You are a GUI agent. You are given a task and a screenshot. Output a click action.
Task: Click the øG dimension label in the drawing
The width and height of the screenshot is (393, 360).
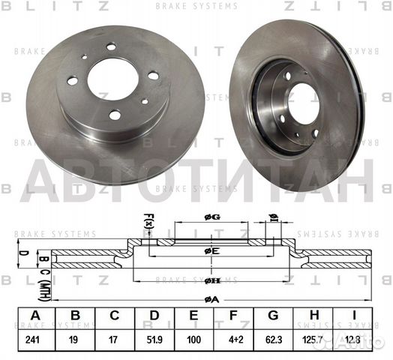(x=212, y=217)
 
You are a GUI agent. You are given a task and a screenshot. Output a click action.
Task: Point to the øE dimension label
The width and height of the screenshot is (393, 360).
(x=212, y=250)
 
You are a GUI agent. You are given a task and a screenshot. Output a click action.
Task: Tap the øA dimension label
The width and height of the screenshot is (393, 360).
(x=212, y=298)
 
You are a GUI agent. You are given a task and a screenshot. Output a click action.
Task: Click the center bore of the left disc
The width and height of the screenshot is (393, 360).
(x=113, y=78)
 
